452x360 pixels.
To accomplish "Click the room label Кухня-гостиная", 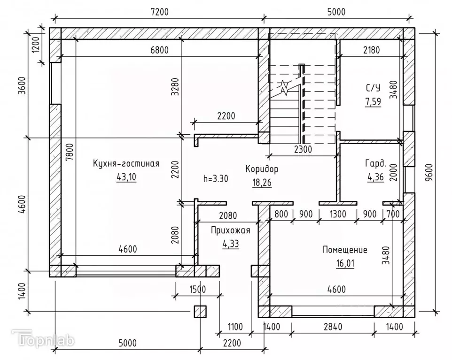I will [x=126, y=164].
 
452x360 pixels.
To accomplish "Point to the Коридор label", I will [x=262, y=168].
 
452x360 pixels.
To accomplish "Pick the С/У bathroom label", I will [x=373, y=87].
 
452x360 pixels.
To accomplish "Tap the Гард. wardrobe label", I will [x=375, y=164].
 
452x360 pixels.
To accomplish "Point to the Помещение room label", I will [x=345, y=250].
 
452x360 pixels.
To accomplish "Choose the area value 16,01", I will [x=345, y=263].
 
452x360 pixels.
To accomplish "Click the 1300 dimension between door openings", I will [x=337, y=214].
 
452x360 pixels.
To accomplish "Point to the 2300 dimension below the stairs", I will [x=302, y=150].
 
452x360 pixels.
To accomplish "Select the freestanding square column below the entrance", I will [x=201, y=311].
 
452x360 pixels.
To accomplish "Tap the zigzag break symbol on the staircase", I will [x=284, y=86].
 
